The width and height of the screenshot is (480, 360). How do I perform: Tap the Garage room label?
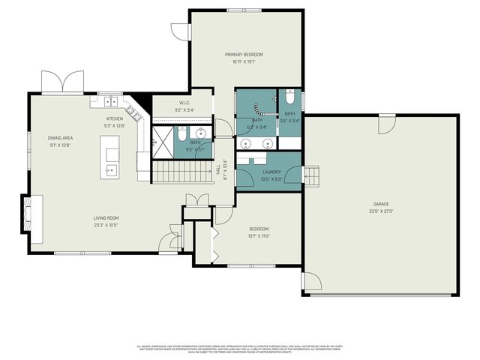pos(381,203)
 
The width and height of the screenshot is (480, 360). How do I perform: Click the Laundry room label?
pos(271,172)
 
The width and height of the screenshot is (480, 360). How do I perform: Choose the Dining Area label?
pos(59,138)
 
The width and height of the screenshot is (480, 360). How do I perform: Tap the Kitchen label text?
pos(114,118)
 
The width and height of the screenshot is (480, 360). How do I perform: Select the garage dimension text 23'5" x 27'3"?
pos(381,211)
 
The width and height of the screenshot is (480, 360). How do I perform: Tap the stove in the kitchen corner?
pos(133,112)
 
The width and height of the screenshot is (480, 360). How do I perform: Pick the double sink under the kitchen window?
pos(109,100)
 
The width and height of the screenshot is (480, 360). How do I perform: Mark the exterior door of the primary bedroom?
pos(181,31)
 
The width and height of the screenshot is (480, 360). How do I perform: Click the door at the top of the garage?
pos(385,124)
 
